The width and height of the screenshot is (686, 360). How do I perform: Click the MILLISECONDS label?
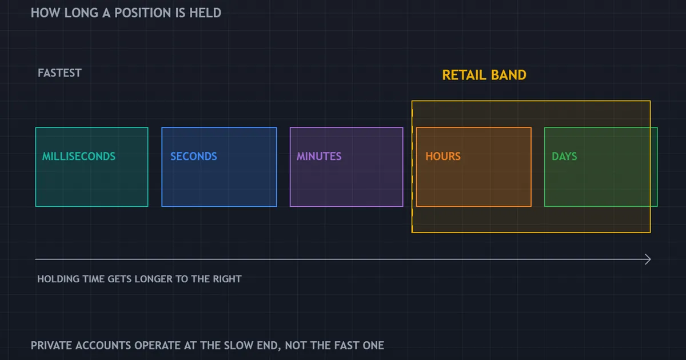[x=79, y=157]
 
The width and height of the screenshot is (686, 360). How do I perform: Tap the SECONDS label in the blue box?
[x=194, y=157]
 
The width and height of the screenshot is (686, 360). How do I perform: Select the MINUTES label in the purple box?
[x=319, y=157]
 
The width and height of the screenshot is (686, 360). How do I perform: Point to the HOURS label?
[x=443, y=157]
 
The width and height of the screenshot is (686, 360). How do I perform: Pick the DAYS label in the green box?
[x=564, y=157]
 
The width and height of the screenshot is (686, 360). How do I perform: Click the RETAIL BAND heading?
[x=484, y=75]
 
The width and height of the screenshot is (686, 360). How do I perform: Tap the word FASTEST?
[x=59, y=73]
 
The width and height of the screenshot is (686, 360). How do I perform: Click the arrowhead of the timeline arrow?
[x=648, y=259]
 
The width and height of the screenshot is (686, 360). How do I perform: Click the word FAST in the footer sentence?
[x=346, y=345]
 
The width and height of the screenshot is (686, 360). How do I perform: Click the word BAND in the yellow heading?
[x=508, y=75]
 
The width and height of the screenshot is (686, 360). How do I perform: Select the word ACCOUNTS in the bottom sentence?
[x=103, y=345]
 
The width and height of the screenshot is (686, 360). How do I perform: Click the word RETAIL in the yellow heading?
[x=464, y=75]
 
